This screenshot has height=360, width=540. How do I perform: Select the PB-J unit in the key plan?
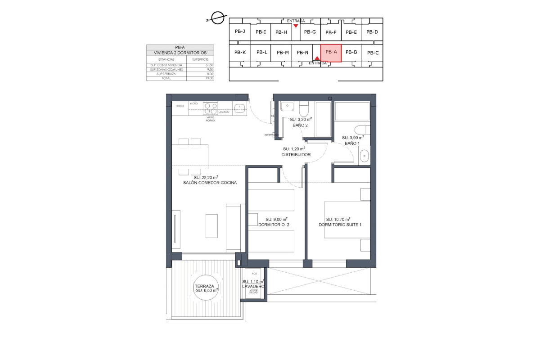pyautogui.click(x=240, y=31)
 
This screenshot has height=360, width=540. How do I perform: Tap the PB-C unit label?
pyautogui.click(x=373, y=53)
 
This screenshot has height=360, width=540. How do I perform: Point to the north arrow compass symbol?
pyautogui.click(x=217, y=18)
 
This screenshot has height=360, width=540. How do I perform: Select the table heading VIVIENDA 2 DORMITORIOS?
pyautogui.click(x=180, y=53)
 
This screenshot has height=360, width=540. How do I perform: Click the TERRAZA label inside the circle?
pyautogui.click(x=204, y=286)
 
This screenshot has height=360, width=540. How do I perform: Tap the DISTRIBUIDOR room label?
pyautogui.click(x=296, y=154)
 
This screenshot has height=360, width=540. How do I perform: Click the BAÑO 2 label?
pyautogui.click(x=300, y=125)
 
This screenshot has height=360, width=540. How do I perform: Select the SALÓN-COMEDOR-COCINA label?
pyautogui.click(x=210, y=183)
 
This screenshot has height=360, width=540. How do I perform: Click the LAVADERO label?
pyautogui.click(x=253, y=286)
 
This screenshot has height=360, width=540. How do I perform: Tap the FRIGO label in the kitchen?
pyautogui.click(x=180, y=107)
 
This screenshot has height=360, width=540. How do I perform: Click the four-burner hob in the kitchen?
pyautogui.click(x=211, y=108)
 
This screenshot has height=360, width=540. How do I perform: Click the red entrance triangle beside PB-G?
pyautogui.click(x=295, y=26)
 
